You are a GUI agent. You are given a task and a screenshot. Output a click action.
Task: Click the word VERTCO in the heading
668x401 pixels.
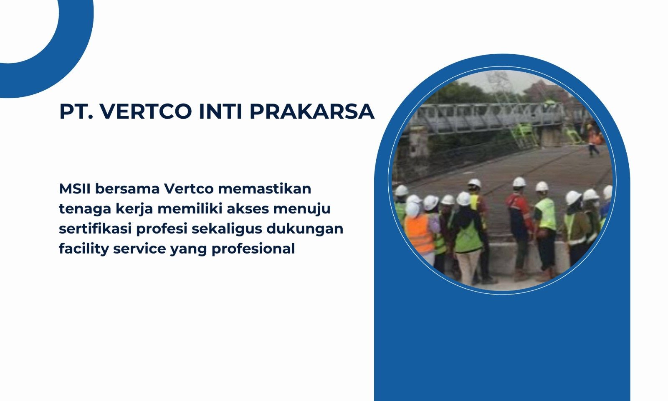(x=146, y=111)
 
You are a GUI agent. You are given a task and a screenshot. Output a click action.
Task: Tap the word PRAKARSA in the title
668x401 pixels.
(x=311, y=111)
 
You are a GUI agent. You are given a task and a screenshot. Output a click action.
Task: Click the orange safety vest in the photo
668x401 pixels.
(x=419, y=234)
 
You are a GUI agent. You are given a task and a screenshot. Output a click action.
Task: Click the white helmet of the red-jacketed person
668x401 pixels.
(x=519, y=182)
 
